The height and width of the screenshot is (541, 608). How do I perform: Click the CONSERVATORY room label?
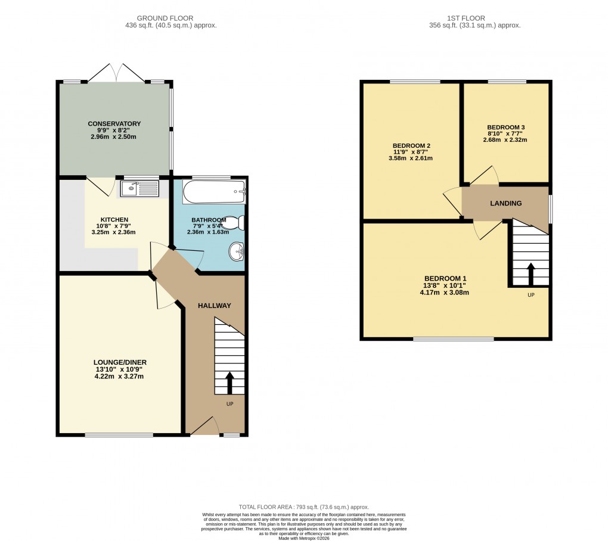[114, 124]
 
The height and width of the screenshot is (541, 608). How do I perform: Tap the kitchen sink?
[139, 189]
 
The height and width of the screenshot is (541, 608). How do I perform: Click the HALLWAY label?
[215, 306]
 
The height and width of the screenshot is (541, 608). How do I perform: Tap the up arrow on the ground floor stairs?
[229, 382]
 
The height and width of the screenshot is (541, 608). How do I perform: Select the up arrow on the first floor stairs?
[531, 273]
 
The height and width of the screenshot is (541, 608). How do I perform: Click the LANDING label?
[505, 203]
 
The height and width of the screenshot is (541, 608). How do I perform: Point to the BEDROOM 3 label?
[505, 128]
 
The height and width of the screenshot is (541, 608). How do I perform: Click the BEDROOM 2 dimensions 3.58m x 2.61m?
[411, 158]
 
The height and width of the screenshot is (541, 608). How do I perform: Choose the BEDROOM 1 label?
[445, 278]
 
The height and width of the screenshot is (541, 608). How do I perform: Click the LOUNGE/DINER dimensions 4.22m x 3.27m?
[119, 377]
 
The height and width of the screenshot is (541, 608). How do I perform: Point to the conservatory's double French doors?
[117, 73]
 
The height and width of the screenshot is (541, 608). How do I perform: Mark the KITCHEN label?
[114, 220]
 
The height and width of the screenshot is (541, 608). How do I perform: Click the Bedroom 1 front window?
[453, 339]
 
